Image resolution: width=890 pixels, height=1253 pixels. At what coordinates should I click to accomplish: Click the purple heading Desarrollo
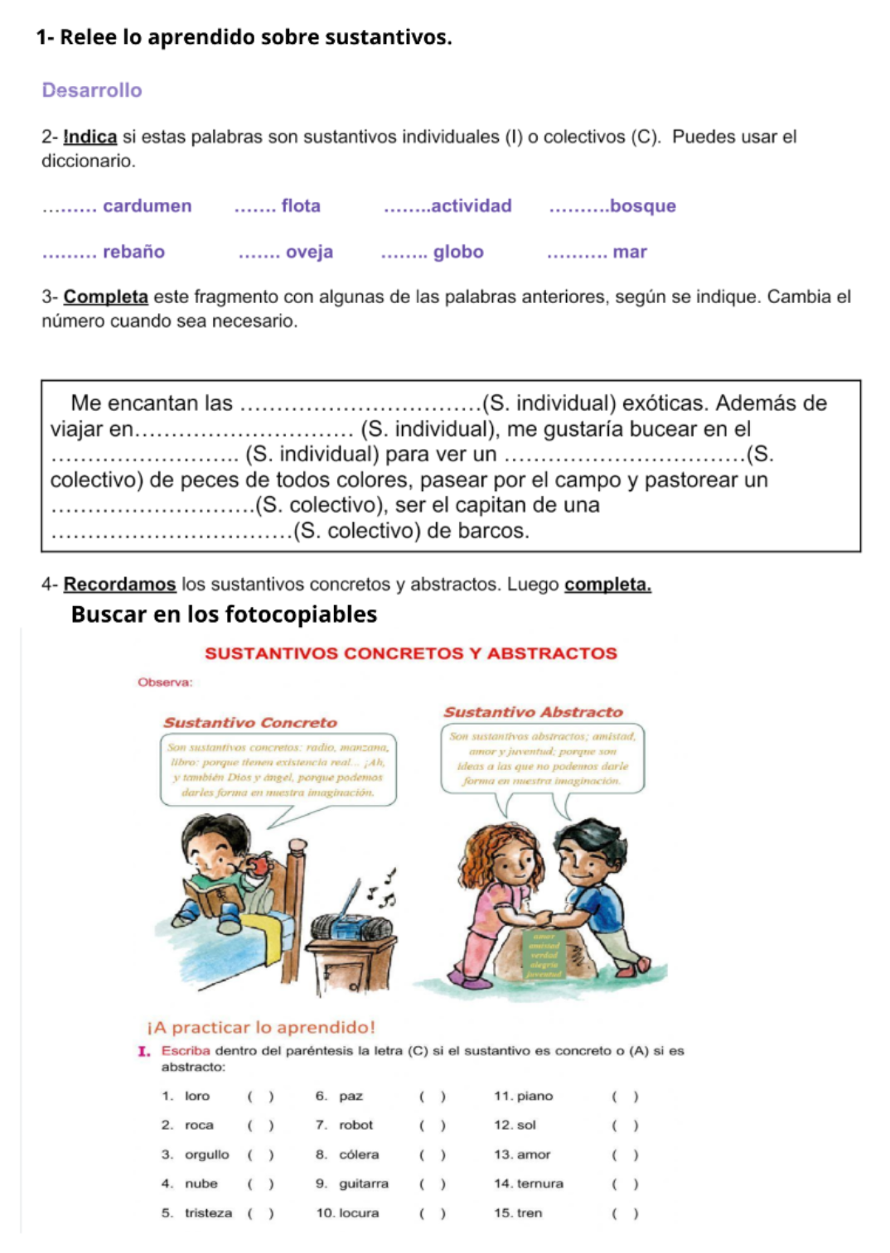[92, 90]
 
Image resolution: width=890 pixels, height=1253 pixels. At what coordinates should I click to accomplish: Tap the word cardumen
[147, 206]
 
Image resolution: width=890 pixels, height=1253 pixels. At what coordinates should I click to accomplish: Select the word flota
[301, 206]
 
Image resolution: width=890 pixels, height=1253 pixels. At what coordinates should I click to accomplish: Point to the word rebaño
[133, 252]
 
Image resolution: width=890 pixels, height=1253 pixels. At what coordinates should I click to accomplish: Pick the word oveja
[309, 252]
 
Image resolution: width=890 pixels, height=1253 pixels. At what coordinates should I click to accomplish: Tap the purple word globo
[458, 252]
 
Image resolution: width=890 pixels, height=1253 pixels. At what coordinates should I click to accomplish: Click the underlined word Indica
[90, 137]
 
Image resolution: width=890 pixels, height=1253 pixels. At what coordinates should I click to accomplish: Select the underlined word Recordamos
[119, 585]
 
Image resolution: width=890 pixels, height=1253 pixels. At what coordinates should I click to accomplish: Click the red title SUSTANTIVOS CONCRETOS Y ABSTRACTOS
[411, 653]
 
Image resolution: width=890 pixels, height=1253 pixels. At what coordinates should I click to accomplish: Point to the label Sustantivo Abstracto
[533, 712]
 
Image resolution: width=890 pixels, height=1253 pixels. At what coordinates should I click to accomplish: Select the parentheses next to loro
[260, 1096]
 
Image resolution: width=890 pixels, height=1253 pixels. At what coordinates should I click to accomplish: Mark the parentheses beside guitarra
[432, 1184]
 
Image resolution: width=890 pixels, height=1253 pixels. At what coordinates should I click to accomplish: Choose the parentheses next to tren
[625, 1214]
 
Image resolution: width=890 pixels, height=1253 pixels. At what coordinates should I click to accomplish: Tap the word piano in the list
[534, 1096]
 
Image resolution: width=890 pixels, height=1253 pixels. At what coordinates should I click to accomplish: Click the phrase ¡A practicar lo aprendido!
[261, 1028]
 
